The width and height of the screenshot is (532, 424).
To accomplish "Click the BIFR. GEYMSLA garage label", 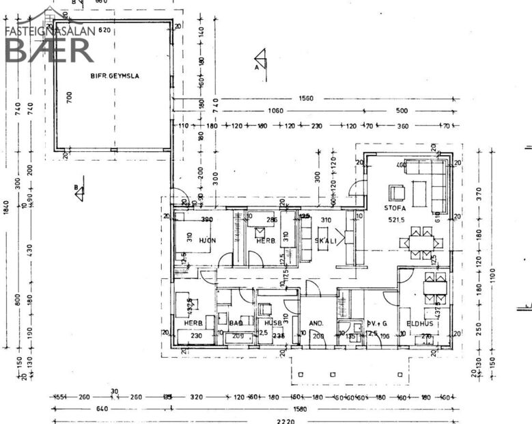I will [x=115, y=76].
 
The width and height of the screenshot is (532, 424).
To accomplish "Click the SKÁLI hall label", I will [x=326, y=241].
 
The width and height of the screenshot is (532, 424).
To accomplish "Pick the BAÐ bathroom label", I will [x=236, y=323].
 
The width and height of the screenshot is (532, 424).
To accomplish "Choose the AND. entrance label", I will [x=316, y=323].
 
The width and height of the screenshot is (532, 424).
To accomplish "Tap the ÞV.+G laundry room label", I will [x=377, y=323].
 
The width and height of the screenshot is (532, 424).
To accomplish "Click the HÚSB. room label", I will [x=273, y=323].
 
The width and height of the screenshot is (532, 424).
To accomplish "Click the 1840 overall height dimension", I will [x=6, y=207].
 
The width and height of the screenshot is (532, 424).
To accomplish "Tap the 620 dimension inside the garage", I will [x=104, y=31].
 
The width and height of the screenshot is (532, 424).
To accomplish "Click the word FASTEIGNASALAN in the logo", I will [x=49, y=31].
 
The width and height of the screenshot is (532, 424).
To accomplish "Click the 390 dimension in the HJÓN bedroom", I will [x=208, y=219].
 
